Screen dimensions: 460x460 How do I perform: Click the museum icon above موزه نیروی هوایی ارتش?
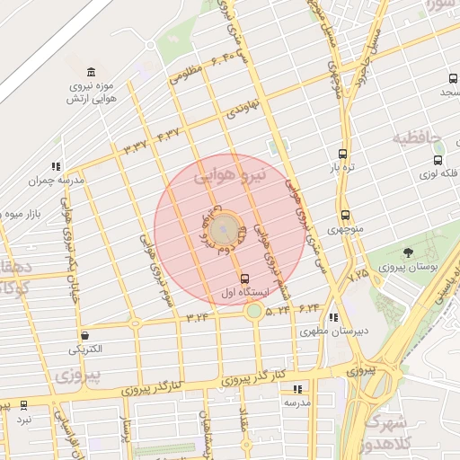tap(91, 72)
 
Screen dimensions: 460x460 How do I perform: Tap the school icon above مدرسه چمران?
tap(56, 166)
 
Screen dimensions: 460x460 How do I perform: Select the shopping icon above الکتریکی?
tap(84, 334)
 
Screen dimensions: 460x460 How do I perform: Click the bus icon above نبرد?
tap(23, 405)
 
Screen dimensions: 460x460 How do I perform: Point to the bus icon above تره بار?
tap(342, 154)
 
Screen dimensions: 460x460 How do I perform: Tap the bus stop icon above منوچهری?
tap(345, 216)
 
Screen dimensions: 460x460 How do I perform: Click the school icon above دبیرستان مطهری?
tap(334, 316)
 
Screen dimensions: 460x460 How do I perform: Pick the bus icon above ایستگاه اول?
tap(245, 278)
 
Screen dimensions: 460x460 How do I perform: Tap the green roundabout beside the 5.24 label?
tap(254, 311)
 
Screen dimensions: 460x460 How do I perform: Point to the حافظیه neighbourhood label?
tap(419, 138)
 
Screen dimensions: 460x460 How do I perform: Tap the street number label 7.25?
tap(358, 271)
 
